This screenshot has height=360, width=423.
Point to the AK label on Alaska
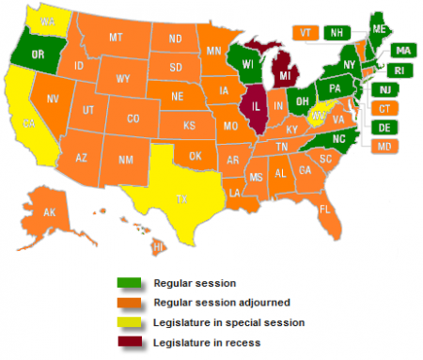(x=51, y=213)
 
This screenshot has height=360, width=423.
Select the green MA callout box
(x=402, y=50)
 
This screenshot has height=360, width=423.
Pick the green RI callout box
(x=402, y=70)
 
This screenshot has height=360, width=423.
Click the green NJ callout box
(x=385, y=89)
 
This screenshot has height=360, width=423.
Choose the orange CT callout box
(x=385, y=108)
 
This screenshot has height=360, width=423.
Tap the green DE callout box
(x=385, y=127)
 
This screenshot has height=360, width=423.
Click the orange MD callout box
(x=385, y=146)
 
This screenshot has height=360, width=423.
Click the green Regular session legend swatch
(x=128, y=282)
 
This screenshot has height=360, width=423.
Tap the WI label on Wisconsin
(x=248, y=63)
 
